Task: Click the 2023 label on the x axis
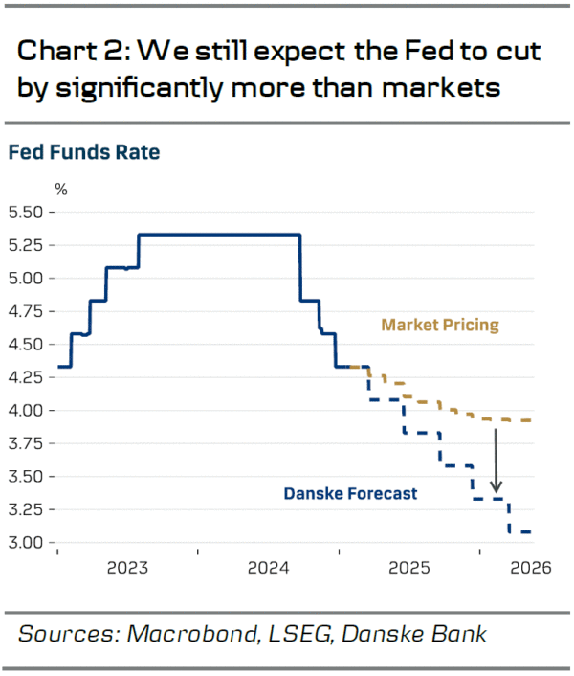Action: pyautogui.click(x=127, y=568)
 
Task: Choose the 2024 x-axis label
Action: pyautogui.click(x=269, y=568)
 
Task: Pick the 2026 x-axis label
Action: pyautogui.click(x=531, y=568)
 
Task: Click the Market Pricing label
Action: pyautogui.click(x=440, y=325)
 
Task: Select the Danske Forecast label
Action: pyautogui.click(x=350, y=494)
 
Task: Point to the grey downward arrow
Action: pyautogui.click(x=497, y=459)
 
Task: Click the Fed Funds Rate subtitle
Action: pyautogui.click(x=84, y=151)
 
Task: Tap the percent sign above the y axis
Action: pyautogui.click(x=61, y=188)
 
